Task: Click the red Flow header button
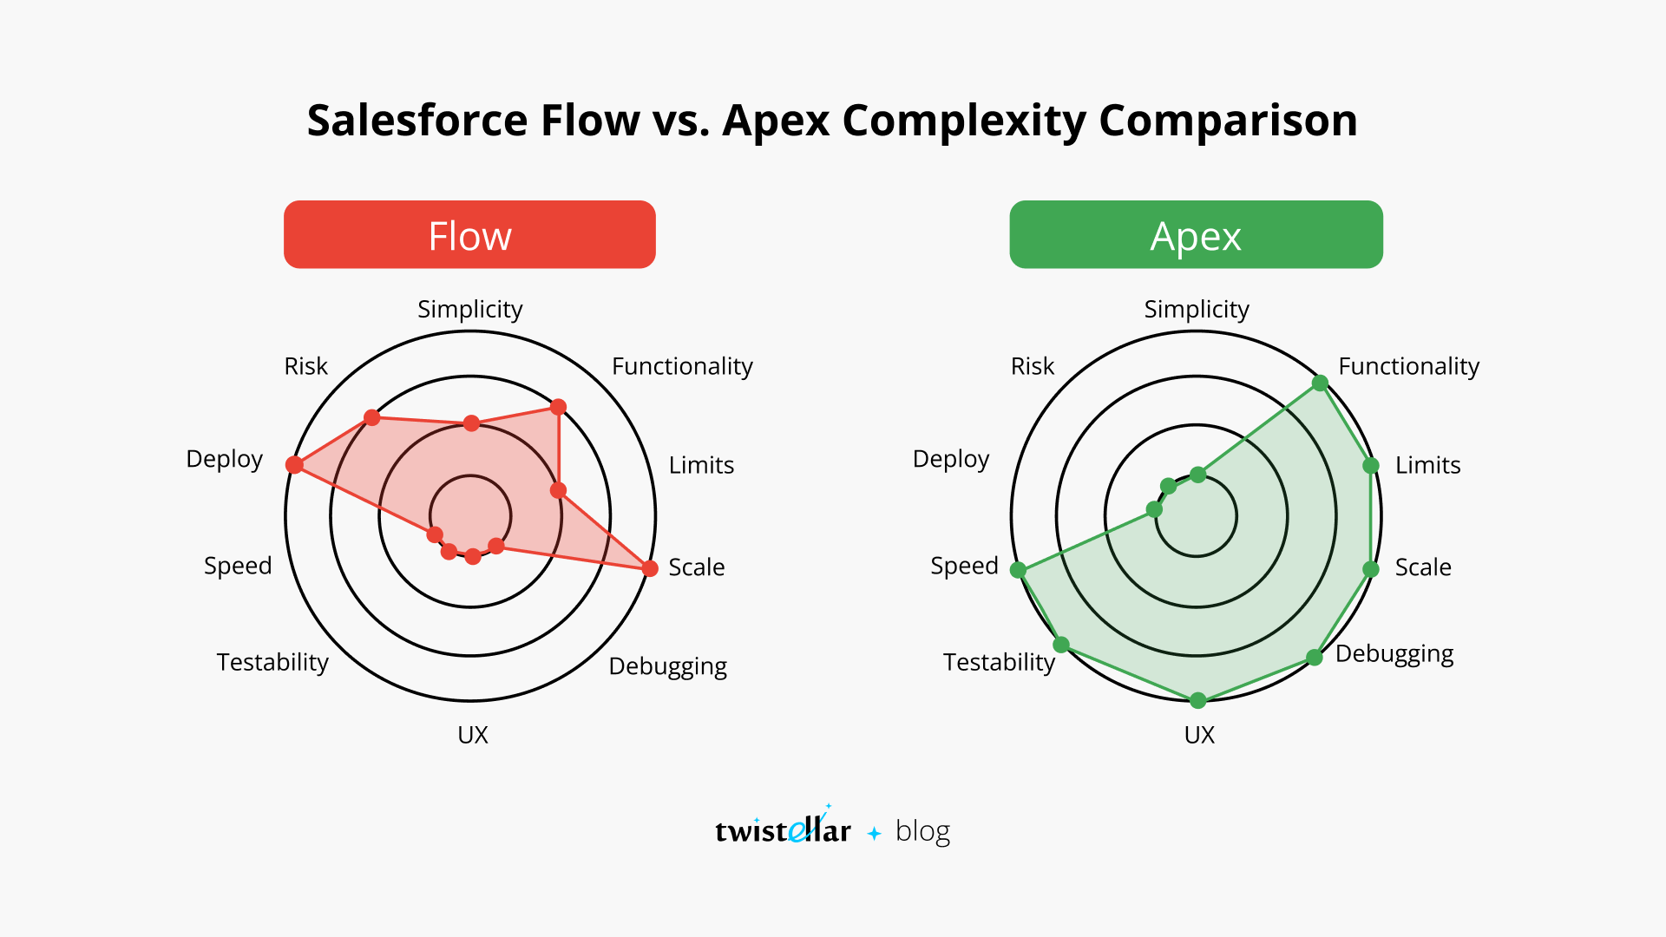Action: click(469, 235)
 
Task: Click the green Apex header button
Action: click(1196, 235)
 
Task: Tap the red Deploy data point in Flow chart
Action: click(295, 465)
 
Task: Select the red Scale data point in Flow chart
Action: click(650, 568)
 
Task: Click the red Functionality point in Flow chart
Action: click(558, 407)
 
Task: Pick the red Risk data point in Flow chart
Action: click(372, 418)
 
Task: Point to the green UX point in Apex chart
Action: click(1198, 700)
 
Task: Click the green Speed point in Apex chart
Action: click(1019, 570)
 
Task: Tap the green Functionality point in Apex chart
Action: click(1320, 383)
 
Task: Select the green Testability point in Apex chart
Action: click(1061, 645)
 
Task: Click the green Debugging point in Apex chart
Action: click(1315, 658)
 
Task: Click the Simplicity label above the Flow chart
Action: click(469, 310)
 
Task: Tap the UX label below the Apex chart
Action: click(1199, 735)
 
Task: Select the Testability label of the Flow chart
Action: click(272, 662)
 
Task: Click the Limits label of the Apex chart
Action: click(1427, 465)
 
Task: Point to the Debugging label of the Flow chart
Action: click(667, 666)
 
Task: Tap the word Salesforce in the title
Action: click(416, 121)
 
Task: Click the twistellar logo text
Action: click(783, 830)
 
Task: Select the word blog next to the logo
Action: click(922, 830)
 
